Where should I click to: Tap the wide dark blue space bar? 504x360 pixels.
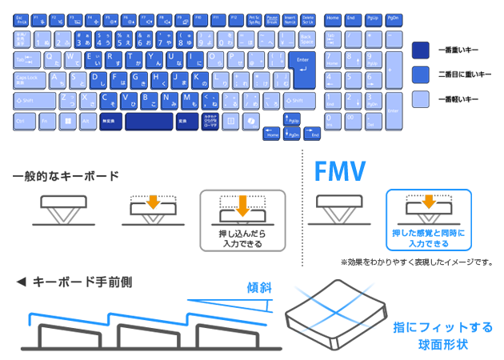pyautogui.click(x=149, y=121)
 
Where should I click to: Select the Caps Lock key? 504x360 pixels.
pyautogui.click(x=31, y=79)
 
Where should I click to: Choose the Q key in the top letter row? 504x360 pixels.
pyautogui.click(x=53, y=58)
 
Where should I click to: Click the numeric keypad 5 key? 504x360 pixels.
pyautogui.click(x=351, y=79)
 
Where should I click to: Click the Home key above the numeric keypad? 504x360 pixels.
pyautogui.click(x=333, y=18)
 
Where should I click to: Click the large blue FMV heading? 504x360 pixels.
pyautogui.click(x=339, y=170)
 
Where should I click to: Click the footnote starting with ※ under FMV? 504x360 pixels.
pyautogui.click(x=416, y=262)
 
